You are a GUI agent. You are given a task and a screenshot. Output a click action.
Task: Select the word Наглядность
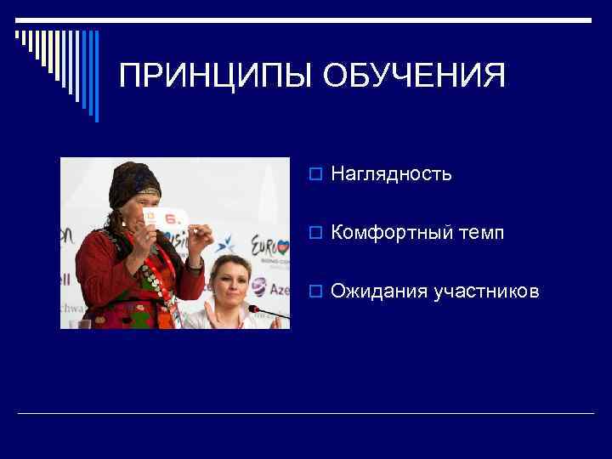391,174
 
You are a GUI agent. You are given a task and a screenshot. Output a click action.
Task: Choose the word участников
486,292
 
